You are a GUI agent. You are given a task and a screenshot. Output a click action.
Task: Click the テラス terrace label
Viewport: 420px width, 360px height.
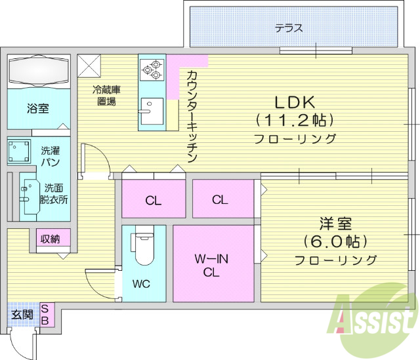point(289,28)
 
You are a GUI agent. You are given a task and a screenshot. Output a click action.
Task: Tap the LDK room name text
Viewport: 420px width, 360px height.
point(295,103)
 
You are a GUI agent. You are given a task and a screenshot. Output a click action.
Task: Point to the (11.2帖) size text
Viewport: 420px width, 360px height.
point(295,121)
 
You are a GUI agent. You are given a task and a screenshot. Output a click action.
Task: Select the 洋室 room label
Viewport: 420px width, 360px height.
point(335,223)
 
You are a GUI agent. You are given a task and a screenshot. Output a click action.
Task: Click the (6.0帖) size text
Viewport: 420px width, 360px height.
point(335,241)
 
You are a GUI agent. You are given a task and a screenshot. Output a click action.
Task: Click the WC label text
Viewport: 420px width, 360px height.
point(142,285)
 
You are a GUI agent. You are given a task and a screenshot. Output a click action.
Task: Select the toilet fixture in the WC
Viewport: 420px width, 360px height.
point(142,245)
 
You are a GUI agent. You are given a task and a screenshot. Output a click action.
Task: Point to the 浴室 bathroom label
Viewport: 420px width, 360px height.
point(37,108)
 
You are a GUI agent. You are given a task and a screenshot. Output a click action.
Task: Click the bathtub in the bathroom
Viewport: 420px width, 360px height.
point(37,71)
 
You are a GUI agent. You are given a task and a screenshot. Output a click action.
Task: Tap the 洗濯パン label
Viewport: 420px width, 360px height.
point(51,155)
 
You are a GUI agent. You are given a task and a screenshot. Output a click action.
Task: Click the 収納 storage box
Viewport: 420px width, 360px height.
point(51,239)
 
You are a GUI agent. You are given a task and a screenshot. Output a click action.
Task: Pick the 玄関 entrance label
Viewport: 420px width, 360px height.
point(22,314)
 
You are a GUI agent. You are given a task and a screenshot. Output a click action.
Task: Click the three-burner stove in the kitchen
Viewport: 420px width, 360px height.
point(150,68)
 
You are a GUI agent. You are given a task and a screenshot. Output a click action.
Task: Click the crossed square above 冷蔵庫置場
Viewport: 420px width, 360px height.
point(89,66)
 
